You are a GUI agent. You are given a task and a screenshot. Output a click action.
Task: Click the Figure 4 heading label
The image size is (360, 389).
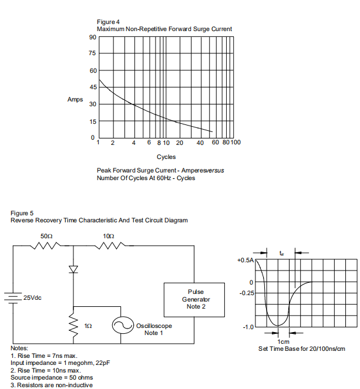108,22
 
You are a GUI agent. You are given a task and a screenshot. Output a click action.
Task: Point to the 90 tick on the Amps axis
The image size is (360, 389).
93,38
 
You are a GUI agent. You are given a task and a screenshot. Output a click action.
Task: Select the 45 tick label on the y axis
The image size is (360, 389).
93,87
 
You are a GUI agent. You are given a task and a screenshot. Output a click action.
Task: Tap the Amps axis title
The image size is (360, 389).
75,100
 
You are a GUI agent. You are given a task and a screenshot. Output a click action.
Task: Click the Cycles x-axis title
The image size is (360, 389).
166,157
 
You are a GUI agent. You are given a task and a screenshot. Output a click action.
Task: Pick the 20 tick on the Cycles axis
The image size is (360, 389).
180,143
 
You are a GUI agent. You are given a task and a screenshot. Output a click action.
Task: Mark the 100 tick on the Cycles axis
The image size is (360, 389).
235,142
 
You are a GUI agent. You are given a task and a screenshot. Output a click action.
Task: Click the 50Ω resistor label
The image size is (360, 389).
46,236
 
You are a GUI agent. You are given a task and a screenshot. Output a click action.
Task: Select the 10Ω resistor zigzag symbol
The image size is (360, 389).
110,246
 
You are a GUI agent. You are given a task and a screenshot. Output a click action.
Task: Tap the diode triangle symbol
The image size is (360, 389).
73,269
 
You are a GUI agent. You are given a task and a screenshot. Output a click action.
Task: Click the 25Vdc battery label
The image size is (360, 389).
32,297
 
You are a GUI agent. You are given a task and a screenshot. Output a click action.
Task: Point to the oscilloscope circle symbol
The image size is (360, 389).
122,325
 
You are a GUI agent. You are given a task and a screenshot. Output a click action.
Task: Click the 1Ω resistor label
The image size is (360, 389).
88,326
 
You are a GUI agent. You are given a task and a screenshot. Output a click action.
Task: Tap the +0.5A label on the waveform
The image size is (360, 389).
245,261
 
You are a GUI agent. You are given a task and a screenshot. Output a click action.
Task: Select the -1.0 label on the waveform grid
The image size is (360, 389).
248,327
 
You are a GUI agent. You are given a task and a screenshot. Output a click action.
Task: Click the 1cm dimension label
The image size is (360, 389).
283,341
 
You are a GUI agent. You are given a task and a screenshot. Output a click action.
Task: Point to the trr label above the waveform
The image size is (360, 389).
281,253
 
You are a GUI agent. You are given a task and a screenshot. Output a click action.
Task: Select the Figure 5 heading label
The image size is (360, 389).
22,214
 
